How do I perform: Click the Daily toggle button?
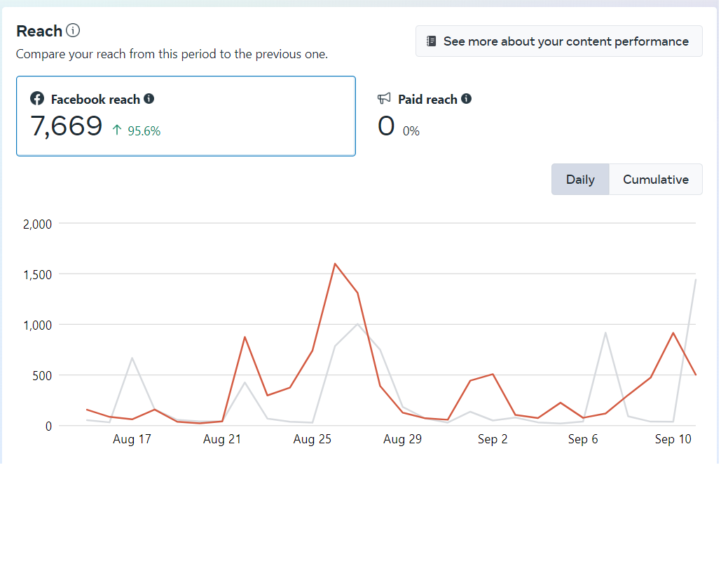pyautogui.click(x=580, y=180)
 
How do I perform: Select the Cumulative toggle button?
pyautogui.click(x=656, y=180)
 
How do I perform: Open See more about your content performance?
pyautogui.click(x=558, y=41)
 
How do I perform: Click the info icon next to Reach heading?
pyautogui.click(x=73, y=31)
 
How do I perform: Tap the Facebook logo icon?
pyautogui.click(x=37, y=99)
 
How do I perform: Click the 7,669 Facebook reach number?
pyautogui.click(x=67, y=126)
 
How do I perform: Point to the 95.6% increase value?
pyautogui.click(x=144, y=130)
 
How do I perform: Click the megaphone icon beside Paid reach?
pyautogui.click(x=384, y=99)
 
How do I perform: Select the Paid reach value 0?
pyautogui.click(x=386, y=127)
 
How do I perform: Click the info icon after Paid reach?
pyautogui.click(x=466, y=99)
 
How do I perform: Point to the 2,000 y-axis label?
pyautogui.click(x=38, y=224)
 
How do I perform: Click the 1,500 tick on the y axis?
pyautogui.click(x=38, y=275)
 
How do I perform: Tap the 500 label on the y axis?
pyautogui.click(x=43, y=376)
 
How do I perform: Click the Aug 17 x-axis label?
pyautogui.click(x=132, y=440)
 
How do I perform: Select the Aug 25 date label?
pyautogui.click(x=312, y=440)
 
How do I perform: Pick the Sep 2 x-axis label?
pyautogui.click(x=493, y=440)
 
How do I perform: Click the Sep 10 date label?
pyautogui.click(x=673, y=440)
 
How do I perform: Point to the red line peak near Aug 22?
pyautogui.click(x=245, y=337)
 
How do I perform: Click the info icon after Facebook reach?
pyautogui.click(x=149, y=99)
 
